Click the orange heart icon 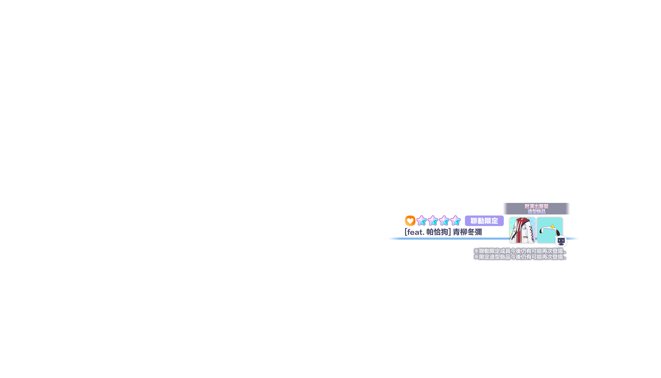pos(410,221)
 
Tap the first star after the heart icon pos(422,220)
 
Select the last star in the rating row pos(456,220)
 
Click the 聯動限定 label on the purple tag pos(484,221)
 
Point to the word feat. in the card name pos(415,232)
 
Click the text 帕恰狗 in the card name pos(437,232)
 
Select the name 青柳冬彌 pos(467,232)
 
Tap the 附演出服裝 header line pos(536,206)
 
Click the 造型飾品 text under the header pos(536,212)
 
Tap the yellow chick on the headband pos(552,227)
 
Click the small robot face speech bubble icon pos(561,241)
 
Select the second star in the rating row pos(433,220)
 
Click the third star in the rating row pos(444,220)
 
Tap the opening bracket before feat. pos(406,232)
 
